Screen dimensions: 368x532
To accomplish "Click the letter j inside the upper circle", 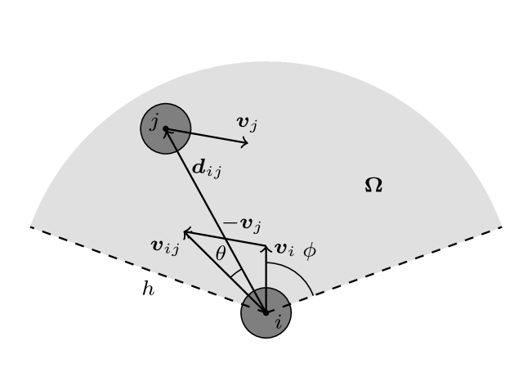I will (154, 123).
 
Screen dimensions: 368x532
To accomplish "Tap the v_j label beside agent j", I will (247, 123).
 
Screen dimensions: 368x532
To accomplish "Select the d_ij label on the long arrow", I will (206, 169).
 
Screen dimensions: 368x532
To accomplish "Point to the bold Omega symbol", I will (373, 186).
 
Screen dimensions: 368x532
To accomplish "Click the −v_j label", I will (242, 224).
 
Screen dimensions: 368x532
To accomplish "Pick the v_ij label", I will (164, 246).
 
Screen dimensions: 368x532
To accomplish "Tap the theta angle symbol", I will (221, 254).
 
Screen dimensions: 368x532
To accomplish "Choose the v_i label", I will (284, 249).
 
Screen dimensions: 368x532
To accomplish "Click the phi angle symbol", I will (310, 250).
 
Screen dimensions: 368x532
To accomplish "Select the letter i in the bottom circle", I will (278, 322).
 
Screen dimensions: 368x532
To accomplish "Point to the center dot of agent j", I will (166, 128).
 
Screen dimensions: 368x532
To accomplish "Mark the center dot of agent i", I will (266, 312).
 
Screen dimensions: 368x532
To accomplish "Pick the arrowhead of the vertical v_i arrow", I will (266, 247).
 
